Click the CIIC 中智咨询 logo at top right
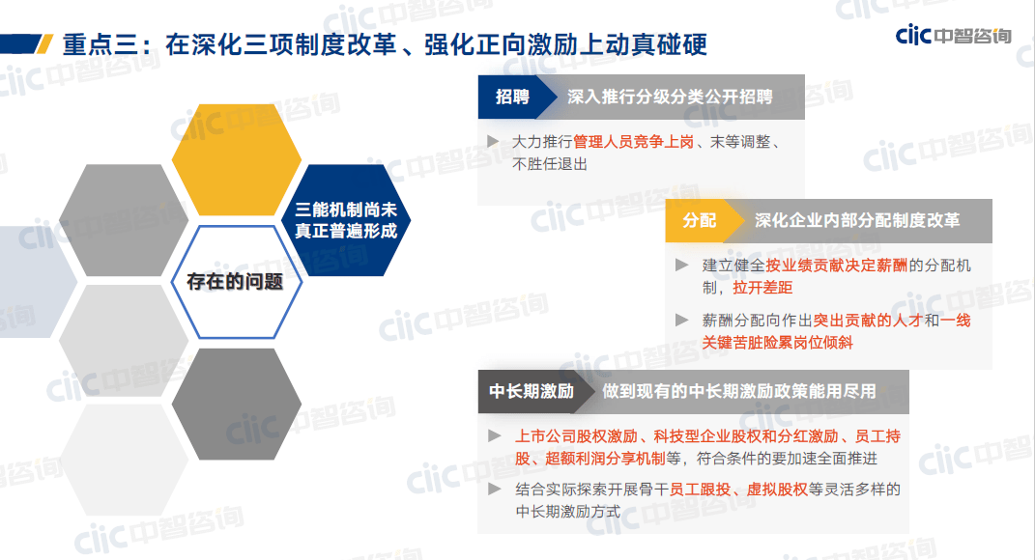pyautogui.click(x=953, y=35)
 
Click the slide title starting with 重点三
pyautogui.click(x=385, y=44)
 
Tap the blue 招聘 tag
pyautogui.click(x=512, y=97)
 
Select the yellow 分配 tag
pyautogui.click(x=700, y=220)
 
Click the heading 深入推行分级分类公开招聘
pyautogui.click(x=670, y=97)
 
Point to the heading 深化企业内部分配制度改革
pyautogui.click(x=857, y=220)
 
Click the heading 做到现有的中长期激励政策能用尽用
pyautogui.click(x=739, y=391)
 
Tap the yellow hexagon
pyautogui.click(x=237, y=159)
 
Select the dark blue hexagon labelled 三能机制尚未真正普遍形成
pyautogui.click(x=346, y=220)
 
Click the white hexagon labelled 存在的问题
pyautogui.click(x=237, y=282)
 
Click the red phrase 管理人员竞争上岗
pyautogui.click(x=633, y=142)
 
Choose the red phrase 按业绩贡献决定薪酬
pyautogui.click(x=836, y=266)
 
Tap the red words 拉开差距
pyautogui.click(x=762, y=288)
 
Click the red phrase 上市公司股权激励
pyautogui.click(x=576, y=436)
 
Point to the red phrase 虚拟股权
pyautogui.click(x=777, y=490)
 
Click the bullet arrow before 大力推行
pyautogui.click(x=493, y=141)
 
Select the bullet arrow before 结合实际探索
pyautogui.click(x=494, y=489)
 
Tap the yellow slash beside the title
pyautogui.click(x=44, y=44)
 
